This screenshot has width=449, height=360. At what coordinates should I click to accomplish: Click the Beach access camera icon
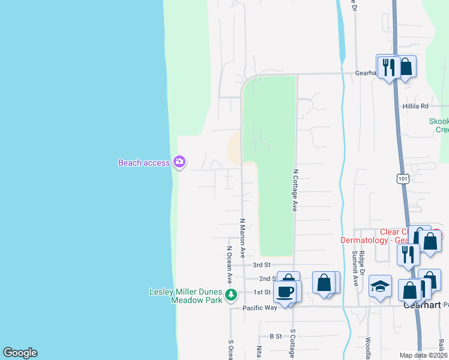click(x=179, y=162)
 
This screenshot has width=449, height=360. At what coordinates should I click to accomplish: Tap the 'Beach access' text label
click(x=144, y=163)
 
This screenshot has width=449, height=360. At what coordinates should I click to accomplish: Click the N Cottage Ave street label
click(x=295, y=189)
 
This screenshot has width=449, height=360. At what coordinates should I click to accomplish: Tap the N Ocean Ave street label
click(x=229, y=265)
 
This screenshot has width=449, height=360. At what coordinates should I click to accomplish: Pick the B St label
click(x=276, y=337)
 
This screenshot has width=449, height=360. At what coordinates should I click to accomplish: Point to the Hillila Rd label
click(x=415, y=106)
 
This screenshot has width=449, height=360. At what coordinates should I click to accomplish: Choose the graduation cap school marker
click(x=380, y=287)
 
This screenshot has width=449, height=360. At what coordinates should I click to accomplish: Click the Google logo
click(x=20, y=353)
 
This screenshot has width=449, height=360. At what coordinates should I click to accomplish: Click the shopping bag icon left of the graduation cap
click(x=324, y=283)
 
